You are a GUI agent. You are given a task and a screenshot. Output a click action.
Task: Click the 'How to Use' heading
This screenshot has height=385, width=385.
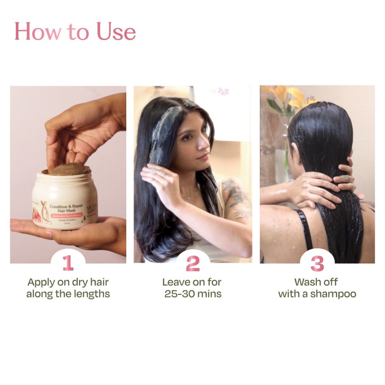75,32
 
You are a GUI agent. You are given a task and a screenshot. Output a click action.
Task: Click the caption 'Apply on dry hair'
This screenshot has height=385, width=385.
68,282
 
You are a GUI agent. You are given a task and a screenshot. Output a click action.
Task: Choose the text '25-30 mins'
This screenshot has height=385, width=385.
192,294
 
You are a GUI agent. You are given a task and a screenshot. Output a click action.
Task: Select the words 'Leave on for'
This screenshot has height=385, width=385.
192,282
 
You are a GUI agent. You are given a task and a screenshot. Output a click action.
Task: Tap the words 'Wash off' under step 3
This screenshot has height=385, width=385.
316,282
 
